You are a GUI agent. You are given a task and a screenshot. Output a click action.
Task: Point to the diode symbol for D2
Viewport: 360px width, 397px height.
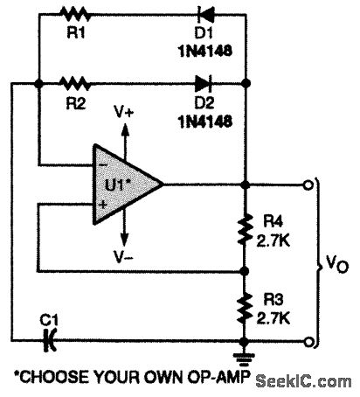(x=204, y=84)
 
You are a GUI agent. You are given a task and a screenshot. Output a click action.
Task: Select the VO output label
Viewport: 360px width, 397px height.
(x=335, y=262)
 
